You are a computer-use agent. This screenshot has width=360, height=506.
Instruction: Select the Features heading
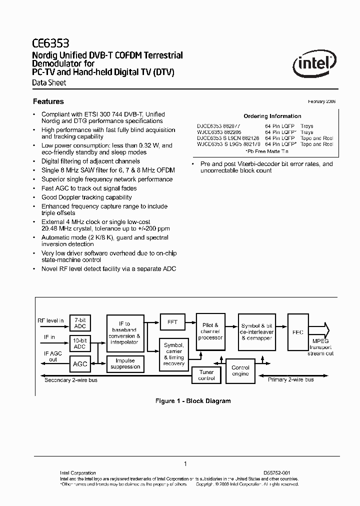[48, 101]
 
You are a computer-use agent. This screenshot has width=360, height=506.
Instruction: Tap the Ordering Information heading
[272, 116]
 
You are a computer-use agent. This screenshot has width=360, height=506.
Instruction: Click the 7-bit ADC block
[80, 323]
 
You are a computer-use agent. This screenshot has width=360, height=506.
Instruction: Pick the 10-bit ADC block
[80, 343]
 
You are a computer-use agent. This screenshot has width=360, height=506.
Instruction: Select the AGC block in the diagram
[80, 364]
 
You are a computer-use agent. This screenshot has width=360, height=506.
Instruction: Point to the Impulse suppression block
[125, 364]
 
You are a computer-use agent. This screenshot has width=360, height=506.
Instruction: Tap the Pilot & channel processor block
[210, 331]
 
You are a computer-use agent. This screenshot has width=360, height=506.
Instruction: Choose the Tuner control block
[206, 375]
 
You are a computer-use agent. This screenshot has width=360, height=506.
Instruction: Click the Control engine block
[240, 371]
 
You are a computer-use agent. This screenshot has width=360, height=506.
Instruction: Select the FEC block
[297, 332]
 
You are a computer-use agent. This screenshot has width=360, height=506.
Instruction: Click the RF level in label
[50, 320]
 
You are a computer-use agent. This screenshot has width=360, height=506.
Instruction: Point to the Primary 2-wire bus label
[291, 380]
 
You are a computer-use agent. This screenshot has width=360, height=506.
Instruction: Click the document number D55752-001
[276, 472]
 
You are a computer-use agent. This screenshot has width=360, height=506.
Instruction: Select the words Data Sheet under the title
[49, 83]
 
